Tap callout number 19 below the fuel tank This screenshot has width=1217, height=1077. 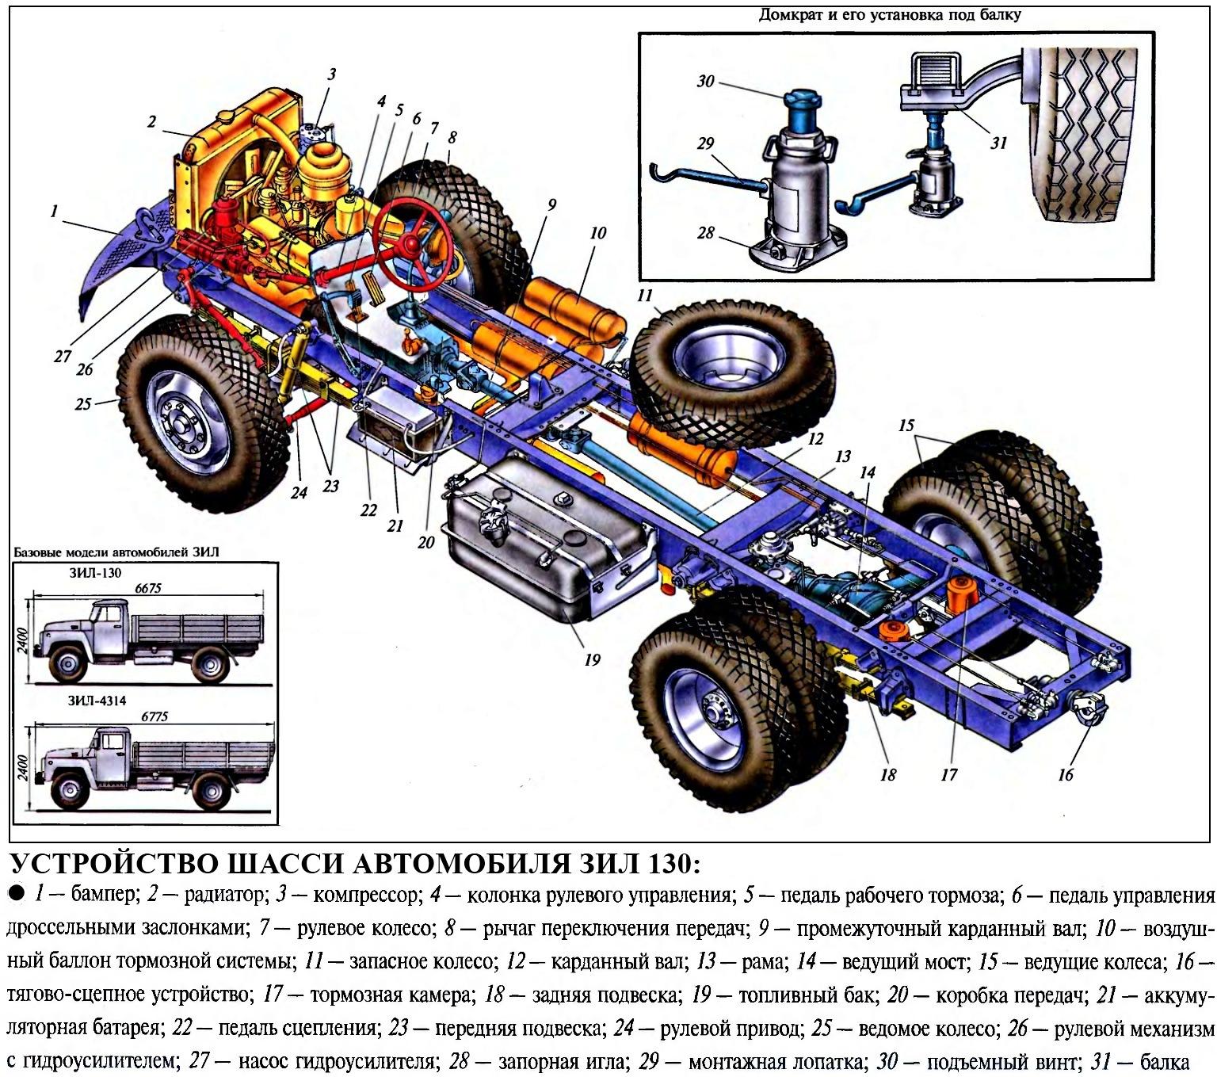(x=592, y=660)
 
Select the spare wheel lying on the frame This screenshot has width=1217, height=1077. (x=734, y=369)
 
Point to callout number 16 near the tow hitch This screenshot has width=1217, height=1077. (x=1065, y=775)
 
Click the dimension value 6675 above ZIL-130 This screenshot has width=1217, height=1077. (x=148, y=588)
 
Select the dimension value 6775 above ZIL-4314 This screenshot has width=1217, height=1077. (x=155, y=716)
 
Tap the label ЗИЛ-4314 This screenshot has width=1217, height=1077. (x=97, y=701)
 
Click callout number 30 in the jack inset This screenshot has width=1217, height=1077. (x=705, y=81)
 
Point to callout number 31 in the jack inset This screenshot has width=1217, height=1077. (x=998, y=143)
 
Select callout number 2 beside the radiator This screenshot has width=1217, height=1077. (x=151, y=122)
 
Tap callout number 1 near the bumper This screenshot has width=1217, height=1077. (x=54, y=212)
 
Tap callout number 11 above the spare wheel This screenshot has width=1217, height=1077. (x=644, y=296)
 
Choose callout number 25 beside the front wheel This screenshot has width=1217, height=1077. (x=83, y=403)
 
